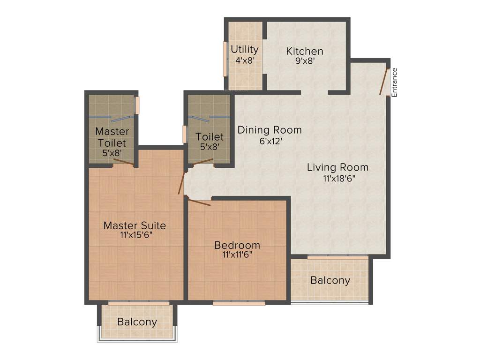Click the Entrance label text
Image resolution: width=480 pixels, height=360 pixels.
pos(394,82)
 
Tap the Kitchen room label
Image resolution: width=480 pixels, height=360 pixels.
pos(305,51)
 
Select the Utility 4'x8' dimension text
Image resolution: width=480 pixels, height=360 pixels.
pos(245,60)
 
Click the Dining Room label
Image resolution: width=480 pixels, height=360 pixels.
pos(270,130)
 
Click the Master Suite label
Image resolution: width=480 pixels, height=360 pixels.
pos(135,225)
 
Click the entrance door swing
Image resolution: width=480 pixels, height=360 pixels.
pos(384,82)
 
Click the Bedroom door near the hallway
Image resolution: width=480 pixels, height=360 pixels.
pos(199,202)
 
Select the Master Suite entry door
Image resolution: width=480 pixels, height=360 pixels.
pos(181,183)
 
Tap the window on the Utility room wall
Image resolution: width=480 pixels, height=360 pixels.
pos(225,59)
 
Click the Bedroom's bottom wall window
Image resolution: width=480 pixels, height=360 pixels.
pos(239,303)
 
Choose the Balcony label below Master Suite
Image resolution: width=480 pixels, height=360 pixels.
pos(137,322)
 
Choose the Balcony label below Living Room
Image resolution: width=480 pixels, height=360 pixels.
pos(330,280)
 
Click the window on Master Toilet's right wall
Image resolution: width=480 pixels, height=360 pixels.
pos(137,105)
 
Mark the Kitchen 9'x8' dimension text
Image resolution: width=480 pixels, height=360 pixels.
pos(305,61)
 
